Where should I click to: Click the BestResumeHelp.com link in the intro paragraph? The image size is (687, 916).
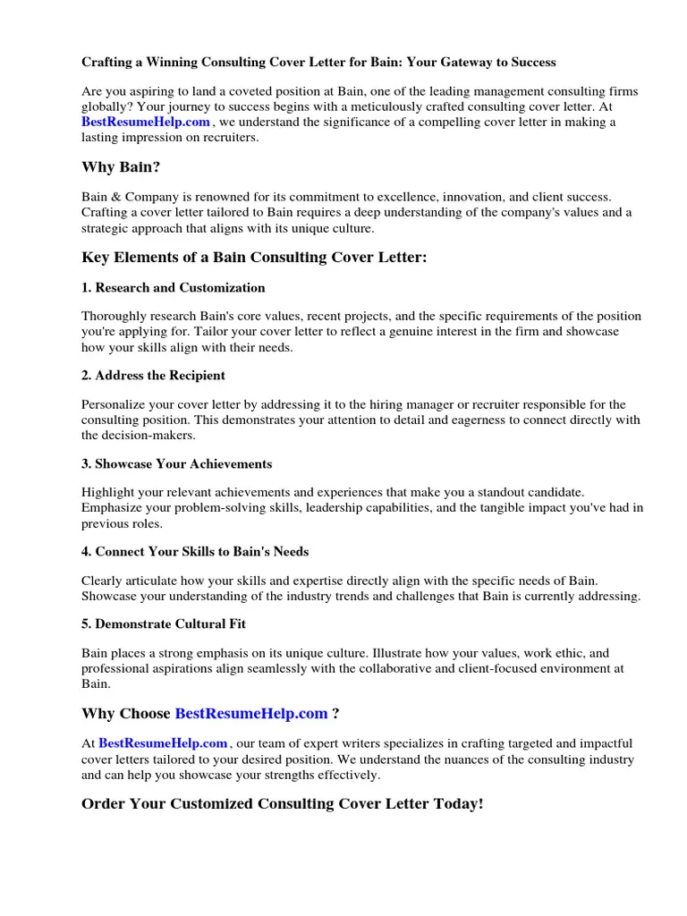pyautogui.click(x=146, y=122)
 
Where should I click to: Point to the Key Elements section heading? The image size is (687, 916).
pyautogui.click(x=254, y=258)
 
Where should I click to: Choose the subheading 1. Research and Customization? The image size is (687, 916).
pyautogui.click(x=174, y=288)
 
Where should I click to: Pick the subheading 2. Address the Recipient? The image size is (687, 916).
pyautogui.click(x=153, y=375)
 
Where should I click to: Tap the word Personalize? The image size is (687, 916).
pyautogui.click(x=116, y=404)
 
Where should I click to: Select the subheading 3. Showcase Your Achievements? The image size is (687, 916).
pyautogui.click(x=176, y=463)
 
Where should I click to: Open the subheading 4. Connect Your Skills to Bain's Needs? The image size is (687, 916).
pyautogui.click(x=195, y=551)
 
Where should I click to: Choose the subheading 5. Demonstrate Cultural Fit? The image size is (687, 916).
pyautogui.click(x=164, y=624)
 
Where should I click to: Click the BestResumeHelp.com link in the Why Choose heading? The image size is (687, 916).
pyautogui.click(x=251, y=713)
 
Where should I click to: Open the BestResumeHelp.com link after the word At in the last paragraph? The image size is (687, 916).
pyautogui.click(x=163, y=743)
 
